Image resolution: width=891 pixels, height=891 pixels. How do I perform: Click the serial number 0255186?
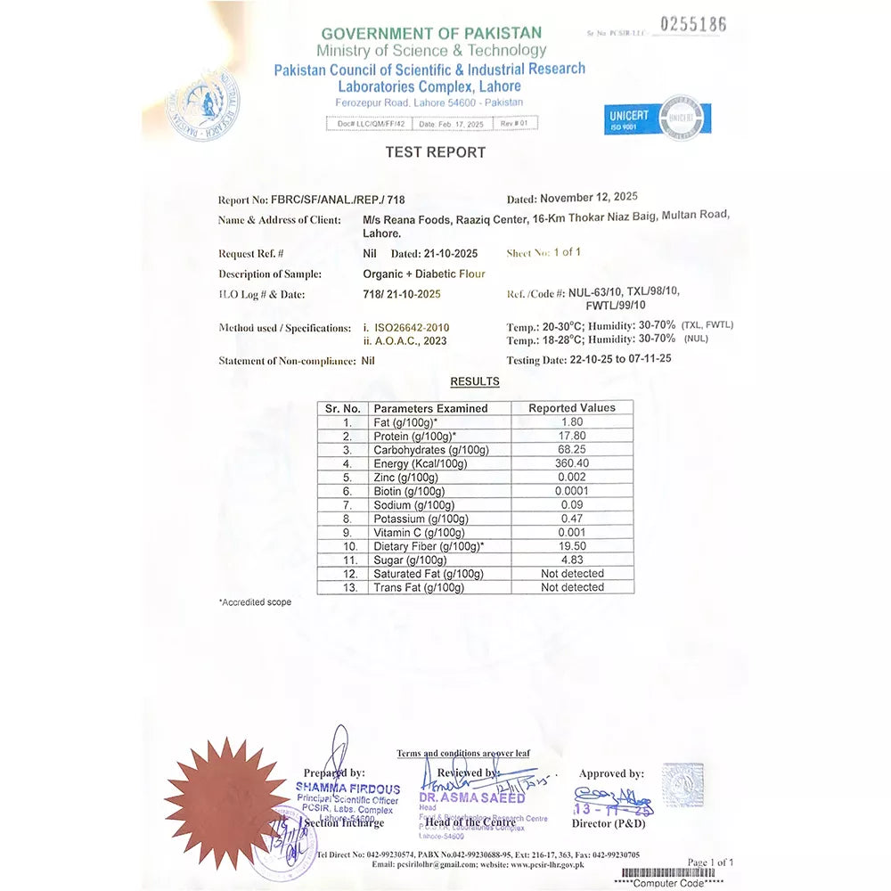pos(692,25)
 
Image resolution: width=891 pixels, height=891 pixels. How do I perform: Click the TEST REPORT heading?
pos(435,152)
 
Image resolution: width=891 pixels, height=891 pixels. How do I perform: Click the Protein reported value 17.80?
pos(572,436)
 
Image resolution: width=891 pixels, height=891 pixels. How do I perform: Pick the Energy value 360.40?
pos(572,463)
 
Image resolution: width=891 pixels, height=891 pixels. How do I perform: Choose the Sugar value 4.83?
pos(572,560)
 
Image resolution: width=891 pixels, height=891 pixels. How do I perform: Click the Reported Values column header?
pos(572,408)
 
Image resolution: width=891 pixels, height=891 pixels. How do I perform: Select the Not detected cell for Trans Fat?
pos(572,587)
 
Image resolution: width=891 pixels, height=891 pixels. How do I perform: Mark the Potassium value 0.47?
pos(572,519)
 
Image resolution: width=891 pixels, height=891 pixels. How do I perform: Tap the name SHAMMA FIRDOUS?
pos(347,789)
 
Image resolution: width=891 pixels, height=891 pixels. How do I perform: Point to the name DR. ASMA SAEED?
pos(472,798)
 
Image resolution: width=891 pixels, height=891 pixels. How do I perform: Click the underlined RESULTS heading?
pos(474,381)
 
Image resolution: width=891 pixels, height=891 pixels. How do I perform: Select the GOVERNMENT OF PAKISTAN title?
pos(431,34)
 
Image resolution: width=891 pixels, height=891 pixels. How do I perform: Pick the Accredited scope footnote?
pos(255,602)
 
